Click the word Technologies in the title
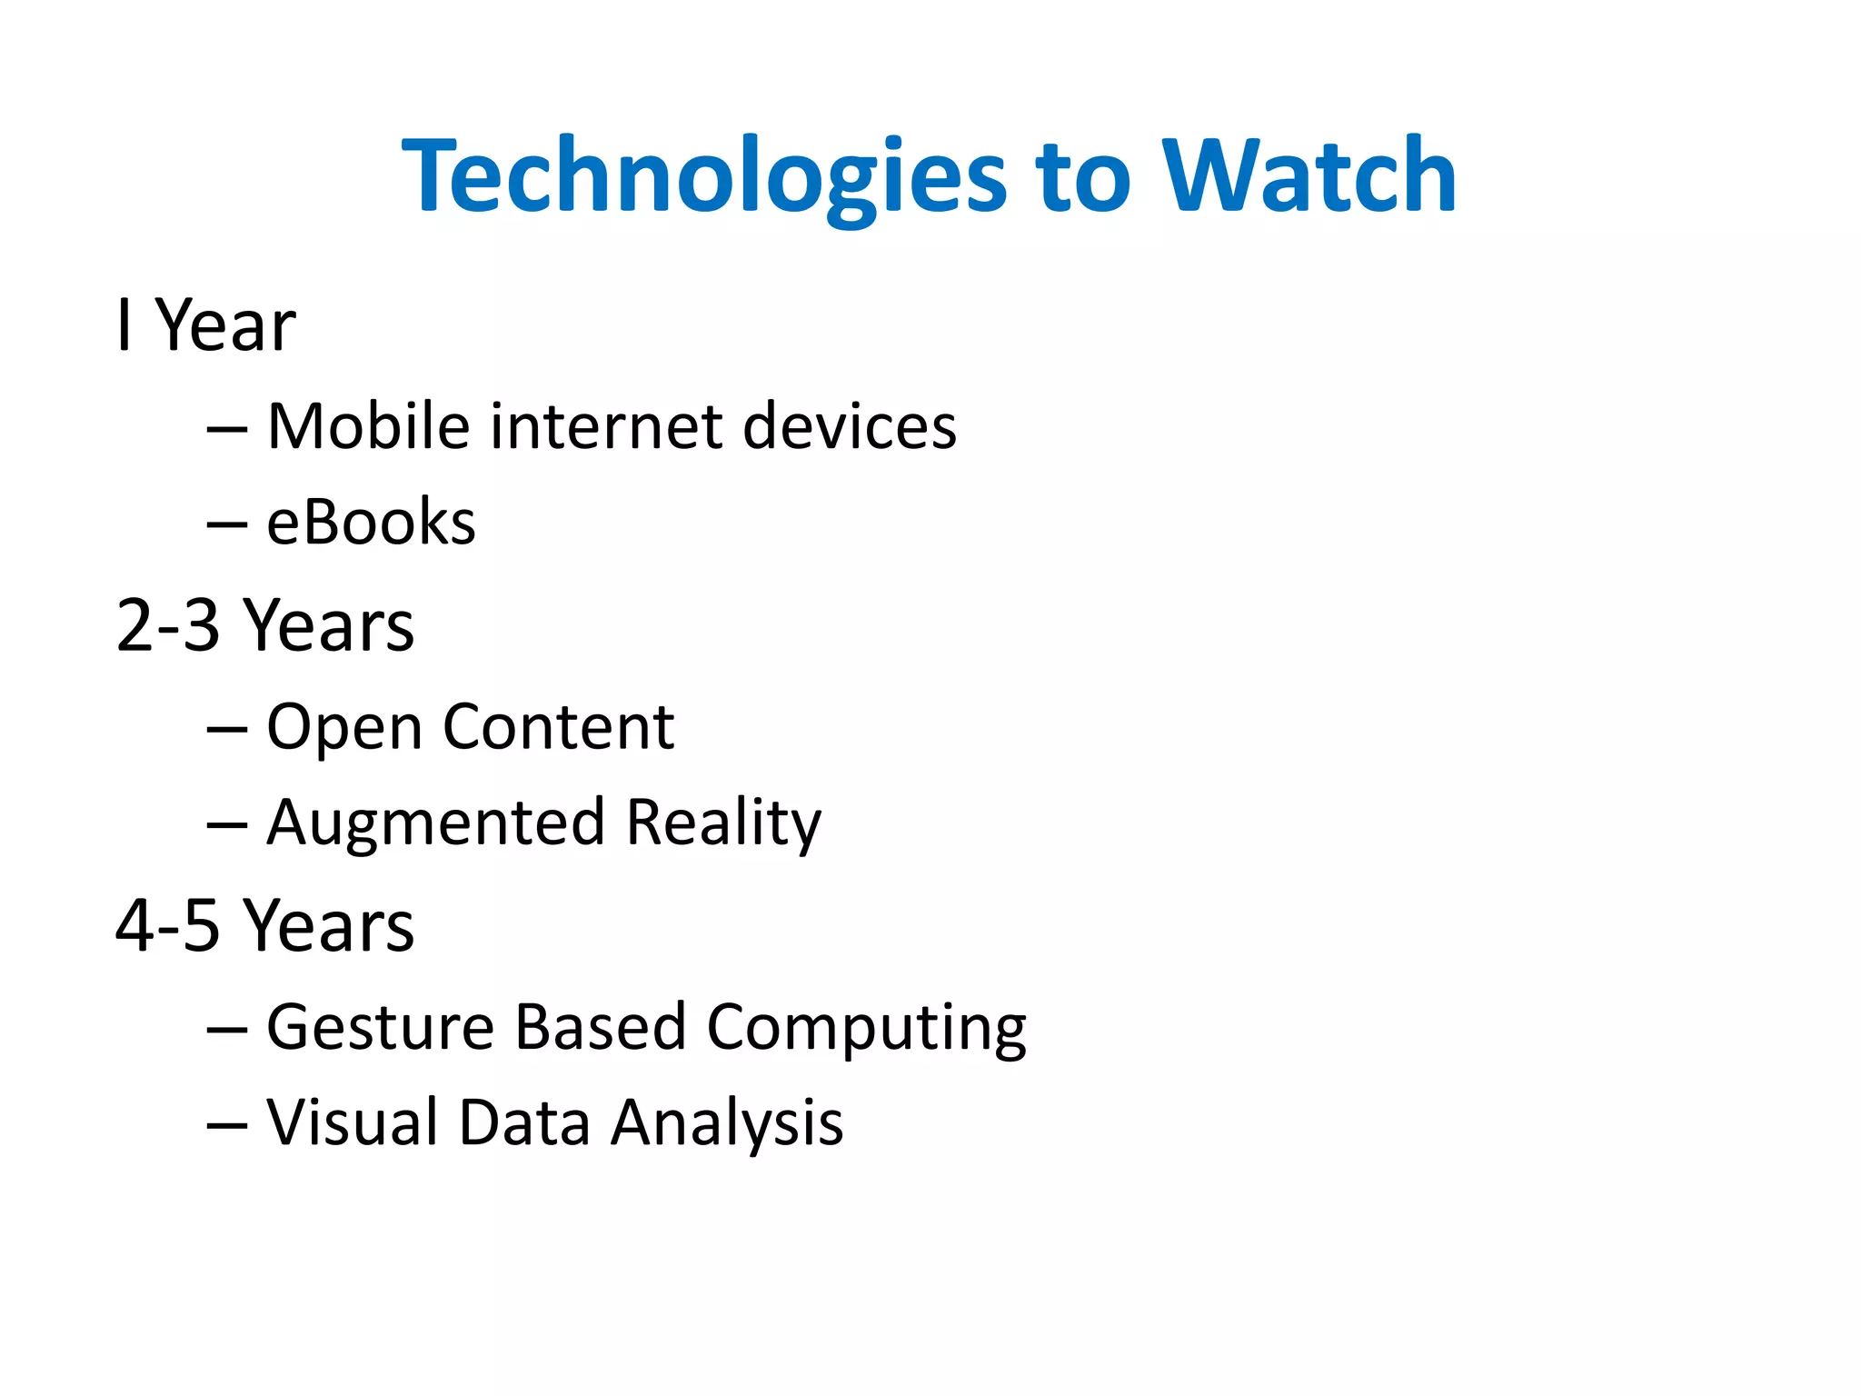pyautogui.click(x=704, y=177)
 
